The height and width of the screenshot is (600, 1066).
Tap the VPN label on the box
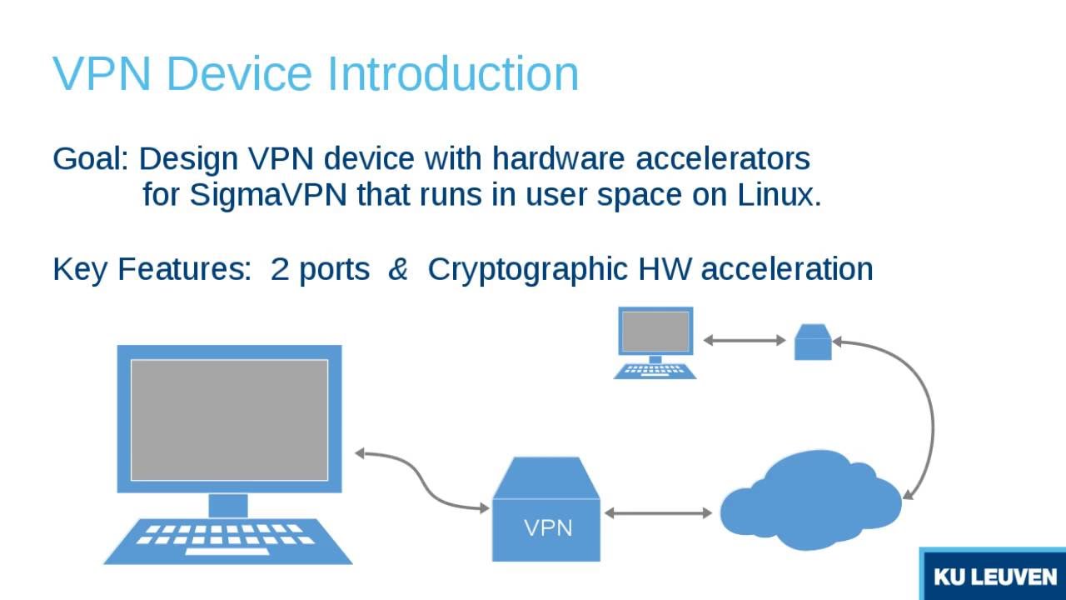[548, 527]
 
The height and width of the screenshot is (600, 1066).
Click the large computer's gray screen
[229, 420]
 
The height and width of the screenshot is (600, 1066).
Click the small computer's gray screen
[655, 331]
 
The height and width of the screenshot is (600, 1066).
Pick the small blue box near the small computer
[813, 342]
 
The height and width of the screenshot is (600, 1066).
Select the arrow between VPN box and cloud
[658, 513]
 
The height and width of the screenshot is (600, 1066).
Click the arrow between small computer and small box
[745, 340]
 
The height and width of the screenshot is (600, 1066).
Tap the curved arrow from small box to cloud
[929, 417]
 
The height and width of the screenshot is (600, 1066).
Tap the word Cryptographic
[527, 269]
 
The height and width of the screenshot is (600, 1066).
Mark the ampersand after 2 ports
[398, 269]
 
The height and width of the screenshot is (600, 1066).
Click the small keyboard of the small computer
[655, 370]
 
